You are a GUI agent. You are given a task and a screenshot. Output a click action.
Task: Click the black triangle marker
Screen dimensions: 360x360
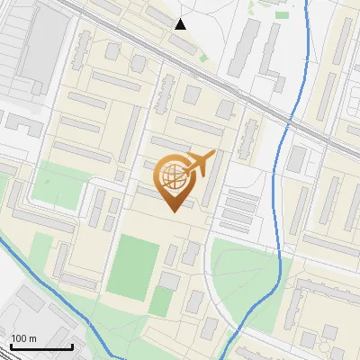[181, 24]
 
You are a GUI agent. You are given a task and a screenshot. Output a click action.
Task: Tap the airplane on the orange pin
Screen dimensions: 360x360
[200, 164]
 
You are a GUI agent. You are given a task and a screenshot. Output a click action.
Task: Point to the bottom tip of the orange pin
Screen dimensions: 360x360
[173, 211]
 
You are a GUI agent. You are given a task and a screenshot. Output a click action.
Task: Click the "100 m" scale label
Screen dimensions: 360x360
[23, 338]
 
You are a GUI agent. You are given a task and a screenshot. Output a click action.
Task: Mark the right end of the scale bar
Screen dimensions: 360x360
[72, 346]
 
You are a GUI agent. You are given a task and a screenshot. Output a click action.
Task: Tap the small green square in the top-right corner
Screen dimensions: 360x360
[283, 14]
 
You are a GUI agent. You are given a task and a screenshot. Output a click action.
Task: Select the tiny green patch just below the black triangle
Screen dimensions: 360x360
[203, 58]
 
